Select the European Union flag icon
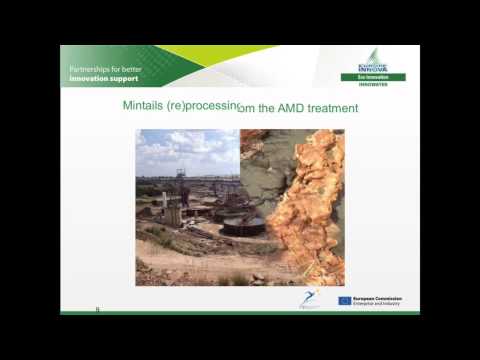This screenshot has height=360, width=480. pos(344,299)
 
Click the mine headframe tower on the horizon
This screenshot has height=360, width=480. pos(182,179)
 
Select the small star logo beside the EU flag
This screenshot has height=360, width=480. pos(310,298)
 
